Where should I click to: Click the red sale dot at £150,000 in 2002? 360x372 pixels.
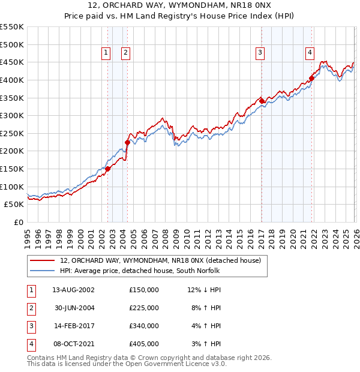pos(108,169)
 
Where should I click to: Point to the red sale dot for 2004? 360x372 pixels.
pos(127,142)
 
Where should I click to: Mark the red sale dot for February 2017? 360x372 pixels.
pos(262,101)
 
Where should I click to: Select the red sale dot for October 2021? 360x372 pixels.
pos(312,78)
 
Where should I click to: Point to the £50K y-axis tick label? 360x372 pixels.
pos(14,204)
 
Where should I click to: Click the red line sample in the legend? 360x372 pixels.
pos(42,261)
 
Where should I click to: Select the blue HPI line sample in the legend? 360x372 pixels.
pos(42,271)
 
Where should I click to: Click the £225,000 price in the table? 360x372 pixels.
pos(143,308)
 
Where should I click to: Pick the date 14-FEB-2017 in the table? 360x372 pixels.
pos(73,326)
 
